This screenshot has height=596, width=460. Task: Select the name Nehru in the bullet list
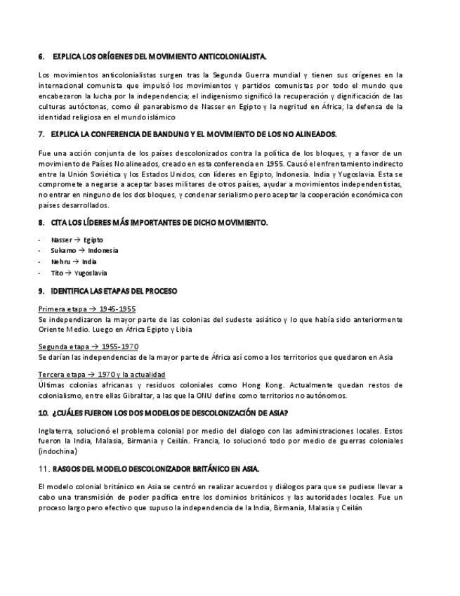pyautogui.click(x=61, y=261)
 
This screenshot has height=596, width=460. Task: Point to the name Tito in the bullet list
pyautogui.click(x=57, y=273)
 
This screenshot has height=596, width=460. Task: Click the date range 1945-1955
pyautogui.click(x=117, y=309)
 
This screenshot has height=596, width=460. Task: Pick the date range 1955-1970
pyautogui.click(x=119, y=346)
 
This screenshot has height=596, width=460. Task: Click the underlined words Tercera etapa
pyautogui.click(x=59, y=375)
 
